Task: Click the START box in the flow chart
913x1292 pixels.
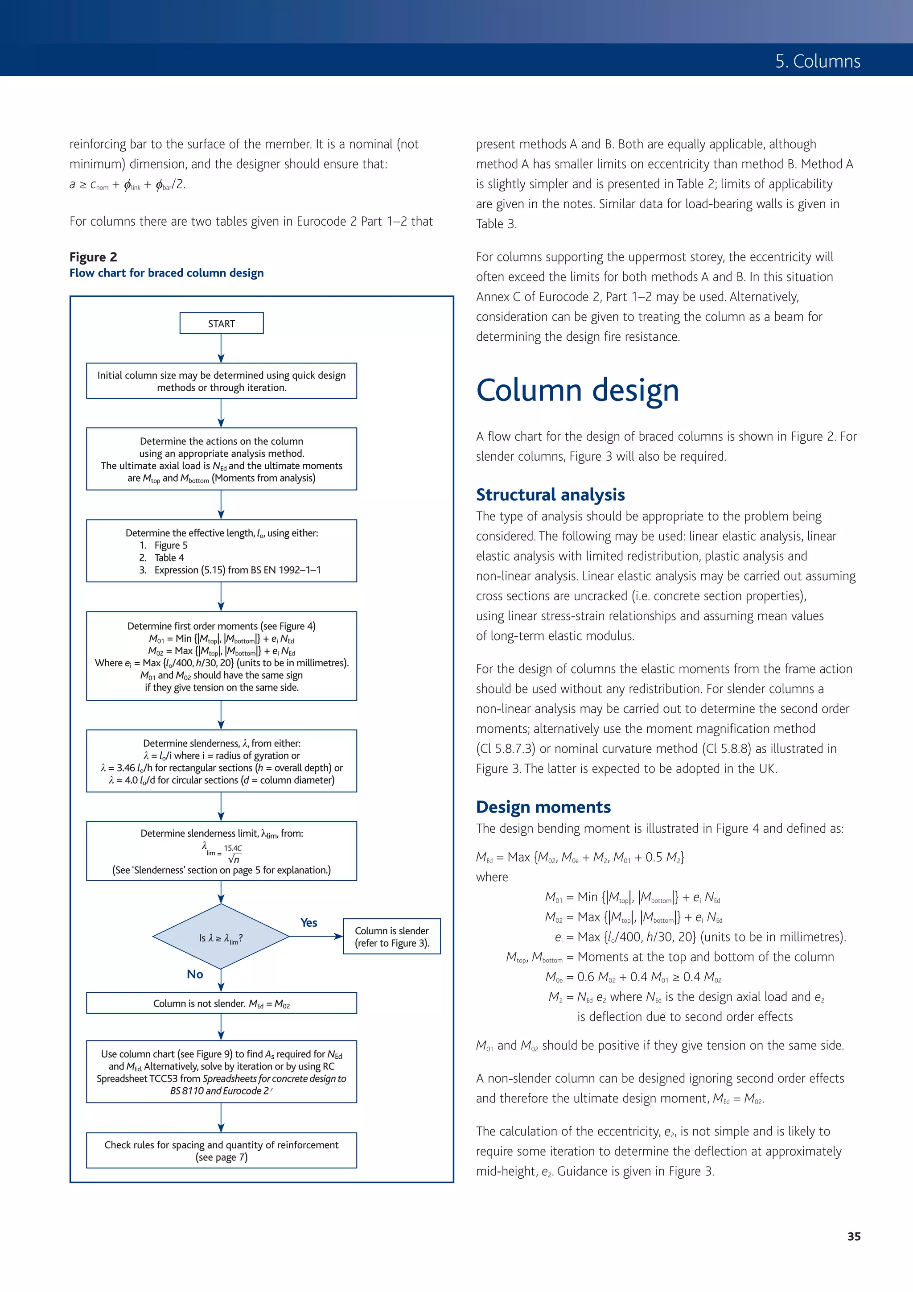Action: pyautogui.click(x=221, y=324)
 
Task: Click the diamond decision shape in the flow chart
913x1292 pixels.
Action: pyautogui.click(x=221, y=937)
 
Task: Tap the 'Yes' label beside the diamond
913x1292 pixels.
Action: pyautogui.click(x=309, y=922)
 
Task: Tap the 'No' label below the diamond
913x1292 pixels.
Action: pyautogui.click(x=195, y=974)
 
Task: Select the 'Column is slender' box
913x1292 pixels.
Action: pyautogui.click(x=391, y=937)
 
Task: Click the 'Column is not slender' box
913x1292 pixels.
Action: pyautogui.click(x=221, y=1003)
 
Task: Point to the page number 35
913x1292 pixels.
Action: pyautogui.click(x=853, y=1236)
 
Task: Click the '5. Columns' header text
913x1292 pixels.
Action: pyautogui.click(x=817, y=62)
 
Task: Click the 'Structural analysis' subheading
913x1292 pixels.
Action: pyautogui.click(x=550, y=495)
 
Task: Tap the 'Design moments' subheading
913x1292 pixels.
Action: pyautogui.click(x=543, y=807)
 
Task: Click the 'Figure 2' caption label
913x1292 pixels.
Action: pyautogui.click(x=93, y=257)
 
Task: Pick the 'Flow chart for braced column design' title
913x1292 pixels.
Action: pyautogui.click(x=167, y=273)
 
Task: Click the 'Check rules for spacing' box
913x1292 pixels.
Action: pyautogui.click(x=221, y=1150)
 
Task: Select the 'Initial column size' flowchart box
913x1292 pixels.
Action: pyautogui.click(x=221, y=381)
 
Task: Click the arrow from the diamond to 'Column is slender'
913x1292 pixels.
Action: pyautogui.click(x=316, y=937)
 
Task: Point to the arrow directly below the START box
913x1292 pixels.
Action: pyautogui.click(x=221, y=348)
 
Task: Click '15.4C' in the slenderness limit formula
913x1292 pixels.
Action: pyautogui.click(x=233, y=848)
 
